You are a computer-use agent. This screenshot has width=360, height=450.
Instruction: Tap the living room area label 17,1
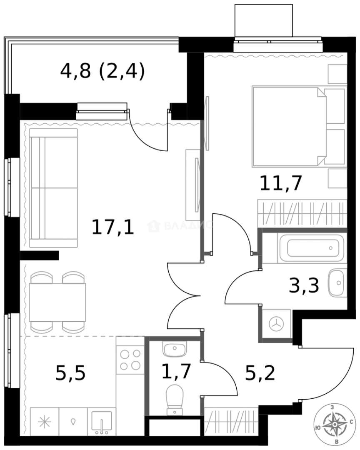(x=112, y=227)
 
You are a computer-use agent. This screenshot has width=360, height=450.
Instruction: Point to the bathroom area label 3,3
(x=304, y=286)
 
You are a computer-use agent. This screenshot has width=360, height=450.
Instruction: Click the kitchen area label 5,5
(x=70, y=373)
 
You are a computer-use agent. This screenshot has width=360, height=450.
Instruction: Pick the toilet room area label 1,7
(x=176, y=370)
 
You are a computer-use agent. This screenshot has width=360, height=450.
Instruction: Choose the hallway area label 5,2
(x=260, y=373)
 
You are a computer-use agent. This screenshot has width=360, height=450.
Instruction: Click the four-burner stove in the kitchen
(x=130, y=360)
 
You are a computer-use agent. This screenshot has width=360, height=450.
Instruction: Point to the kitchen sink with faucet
(x=101, y=422)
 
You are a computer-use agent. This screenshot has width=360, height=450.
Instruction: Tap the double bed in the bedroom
(x=292, y=125)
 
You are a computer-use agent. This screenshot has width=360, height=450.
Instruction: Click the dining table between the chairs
(x=57, y=302)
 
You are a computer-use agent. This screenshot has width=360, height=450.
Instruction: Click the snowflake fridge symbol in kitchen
(x=44, y=422)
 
